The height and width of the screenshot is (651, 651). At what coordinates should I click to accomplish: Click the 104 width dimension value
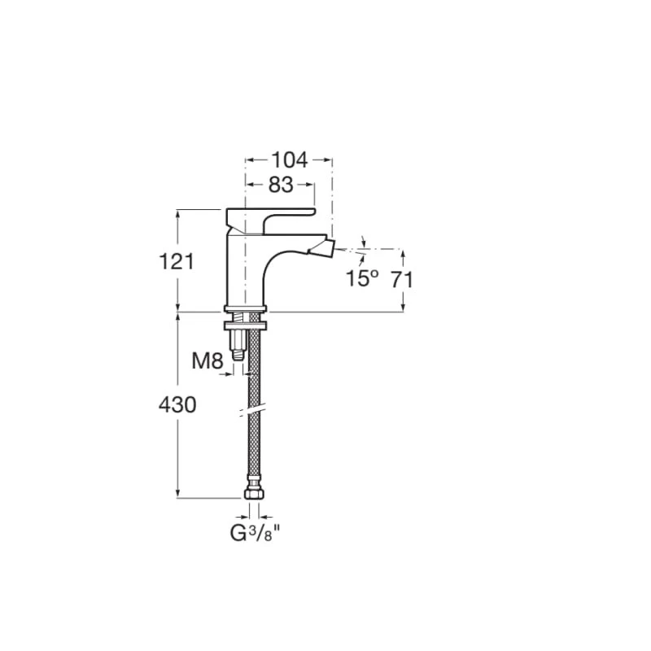point(289,159)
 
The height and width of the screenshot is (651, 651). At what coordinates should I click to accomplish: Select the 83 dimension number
point(280,186)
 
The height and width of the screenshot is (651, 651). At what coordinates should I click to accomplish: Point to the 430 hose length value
point(177,404)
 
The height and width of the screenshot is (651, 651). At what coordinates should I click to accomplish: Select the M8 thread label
point(207,360)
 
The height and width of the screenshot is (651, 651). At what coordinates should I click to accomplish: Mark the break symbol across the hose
point(253,410)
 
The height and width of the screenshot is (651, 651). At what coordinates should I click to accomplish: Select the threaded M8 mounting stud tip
point(238,354)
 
